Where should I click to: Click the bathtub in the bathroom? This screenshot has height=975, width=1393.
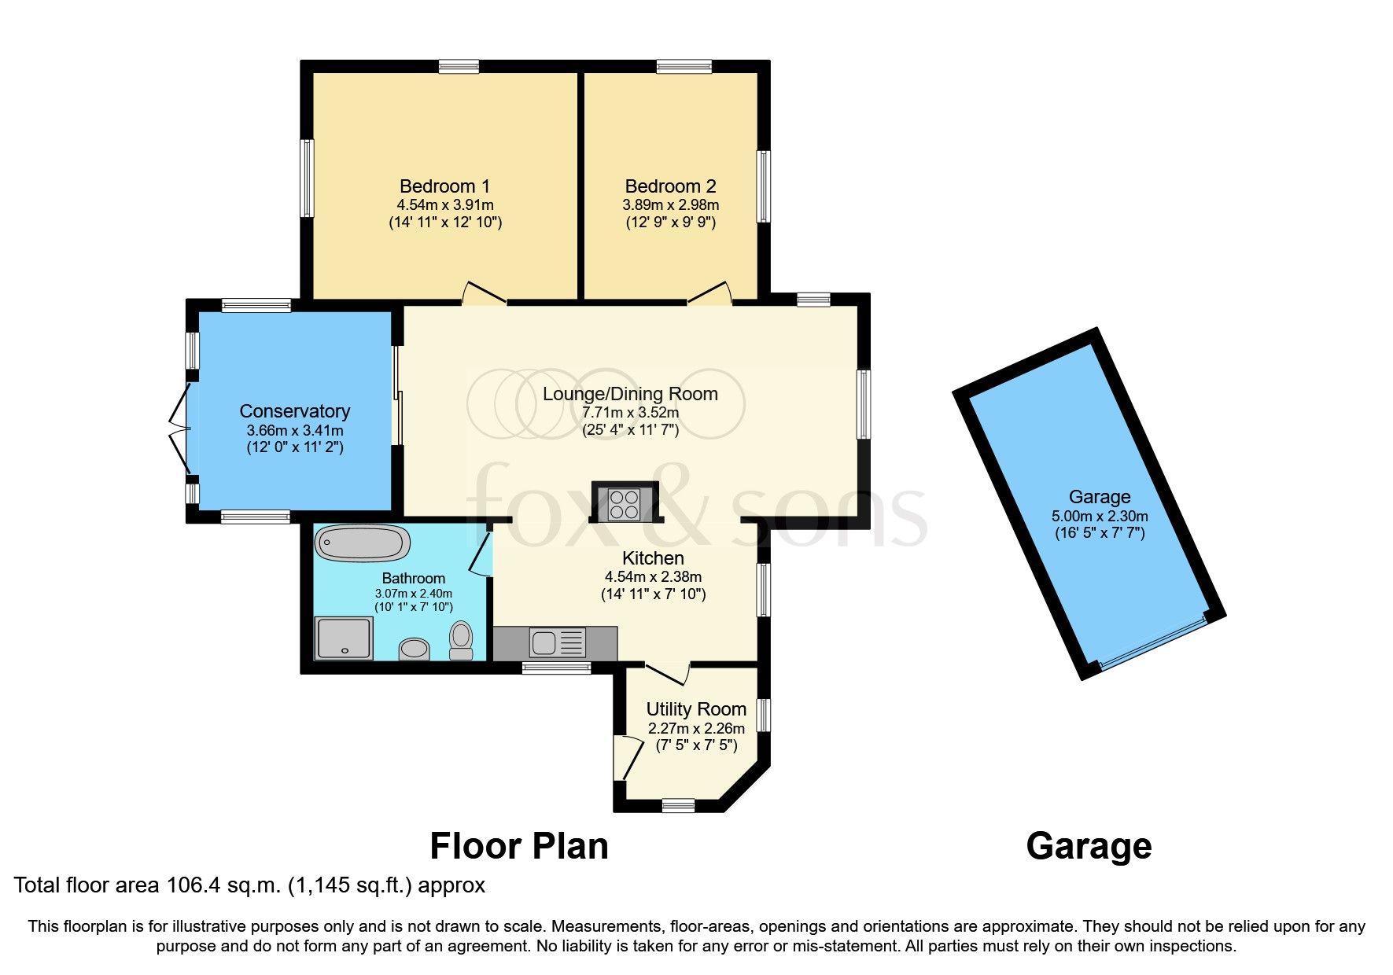click(x=363, y=543)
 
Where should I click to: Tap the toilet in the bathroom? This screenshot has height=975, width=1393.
click(x=461, y=640)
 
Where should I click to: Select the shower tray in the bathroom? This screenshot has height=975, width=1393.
click(x=343, y=638)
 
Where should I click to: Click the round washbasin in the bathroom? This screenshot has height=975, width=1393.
click(x=415, y=649)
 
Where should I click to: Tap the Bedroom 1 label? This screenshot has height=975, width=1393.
click(x=444, y=186)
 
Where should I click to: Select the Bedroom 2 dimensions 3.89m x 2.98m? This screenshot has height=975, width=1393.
click(x=670, y=204)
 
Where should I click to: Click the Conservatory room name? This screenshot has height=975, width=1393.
click(x=294, y=411)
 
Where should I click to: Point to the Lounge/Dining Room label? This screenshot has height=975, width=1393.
click(x=630, y=394)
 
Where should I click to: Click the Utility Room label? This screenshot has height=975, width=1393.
click(x=695, y=709)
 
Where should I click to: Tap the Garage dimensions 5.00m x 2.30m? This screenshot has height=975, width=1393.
click(x=1099, y=517)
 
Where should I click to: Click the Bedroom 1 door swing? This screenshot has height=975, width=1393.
click(x=482, y=293)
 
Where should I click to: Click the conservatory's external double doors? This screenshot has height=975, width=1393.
click(x=180, y=429)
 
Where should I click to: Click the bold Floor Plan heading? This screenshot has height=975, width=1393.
click(x=518, y=847)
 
